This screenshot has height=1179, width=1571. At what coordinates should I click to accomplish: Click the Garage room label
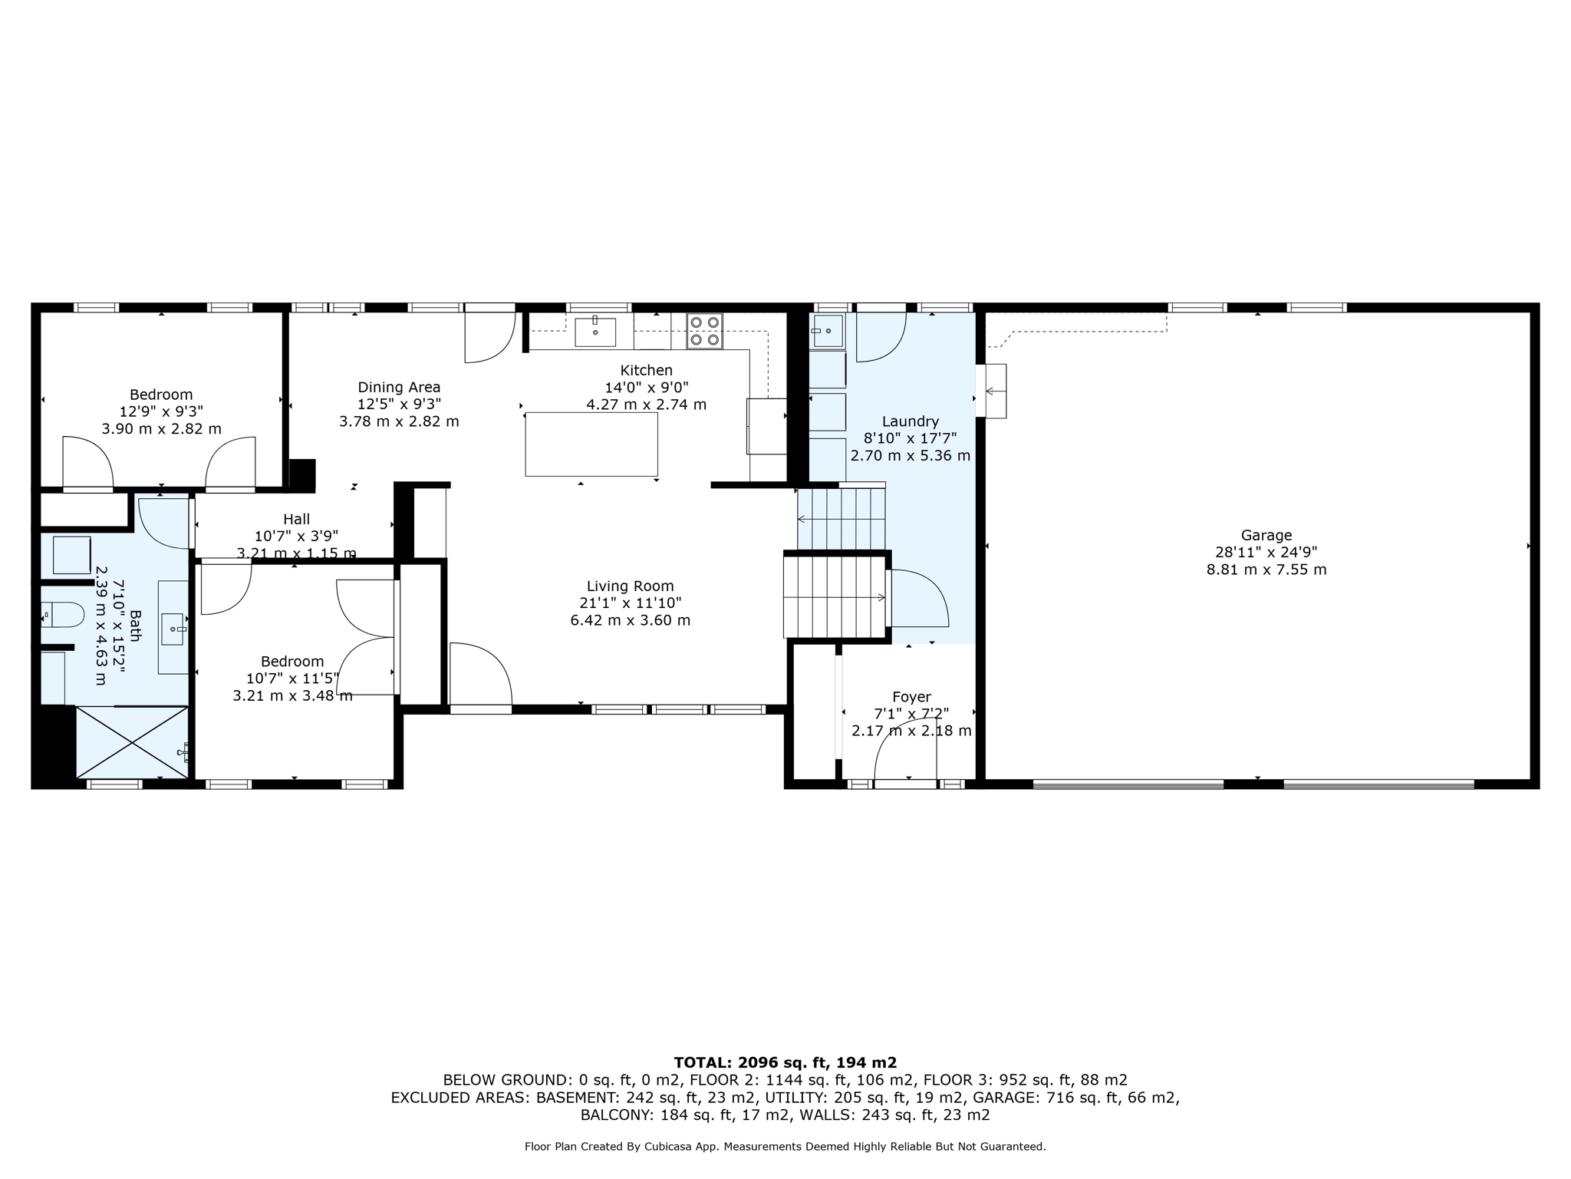(1266, 535)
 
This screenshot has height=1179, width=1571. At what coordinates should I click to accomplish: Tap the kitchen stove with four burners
(703, 332)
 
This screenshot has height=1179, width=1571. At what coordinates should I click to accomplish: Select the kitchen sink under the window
(594, 332)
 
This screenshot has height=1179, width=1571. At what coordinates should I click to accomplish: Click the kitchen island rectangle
(591, 444)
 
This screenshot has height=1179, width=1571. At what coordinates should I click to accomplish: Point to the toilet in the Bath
(63, 614)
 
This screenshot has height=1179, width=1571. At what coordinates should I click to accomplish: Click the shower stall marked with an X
(132, 742)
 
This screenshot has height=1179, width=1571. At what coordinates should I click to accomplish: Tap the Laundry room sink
(827, 331)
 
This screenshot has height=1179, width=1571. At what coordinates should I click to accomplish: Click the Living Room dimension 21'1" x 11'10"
(630, 603)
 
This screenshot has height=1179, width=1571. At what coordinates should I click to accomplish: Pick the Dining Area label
(399, 387)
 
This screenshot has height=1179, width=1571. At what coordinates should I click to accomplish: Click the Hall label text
(296, 520)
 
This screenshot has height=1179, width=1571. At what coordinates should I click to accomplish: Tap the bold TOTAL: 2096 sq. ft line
(785, 1062)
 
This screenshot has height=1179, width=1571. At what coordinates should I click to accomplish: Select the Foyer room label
(911, 697)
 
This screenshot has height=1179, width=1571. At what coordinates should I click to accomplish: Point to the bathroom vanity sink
(173, 629)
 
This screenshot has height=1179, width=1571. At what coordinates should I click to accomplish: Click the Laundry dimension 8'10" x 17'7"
(910, 438)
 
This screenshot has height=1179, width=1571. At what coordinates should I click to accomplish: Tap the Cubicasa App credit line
(785, 1147)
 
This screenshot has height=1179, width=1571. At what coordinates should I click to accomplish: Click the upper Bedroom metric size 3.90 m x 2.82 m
(161, 429)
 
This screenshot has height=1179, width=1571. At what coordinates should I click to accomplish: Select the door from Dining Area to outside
(489, 335)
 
